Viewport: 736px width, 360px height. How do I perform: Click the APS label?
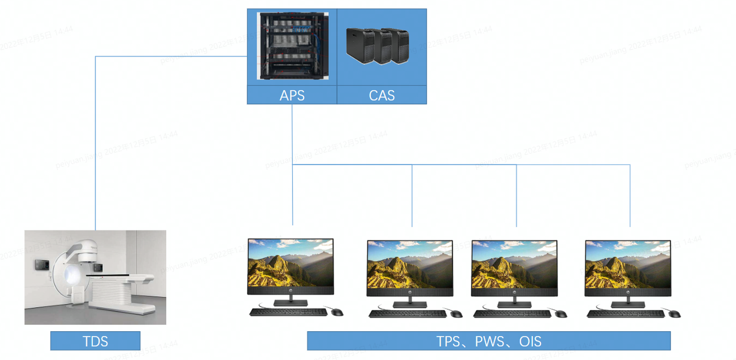[292, 95]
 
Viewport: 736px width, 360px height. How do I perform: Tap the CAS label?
[382, 95]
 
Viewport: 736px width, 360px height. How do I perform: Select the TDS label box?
[95, 341]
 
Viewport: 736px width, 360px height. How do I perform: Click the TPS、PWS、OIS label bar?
[489, 341]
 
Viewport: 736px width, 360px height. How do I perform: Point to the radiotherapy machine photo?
[95, 277]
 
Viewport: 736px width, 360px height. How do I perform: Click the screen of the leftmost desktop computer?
[290, 265]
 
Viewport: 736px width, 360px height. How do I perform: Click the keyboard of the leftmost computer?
[288, 312]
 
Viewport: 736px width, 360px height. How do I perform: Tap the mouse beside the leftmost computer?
[337, 312]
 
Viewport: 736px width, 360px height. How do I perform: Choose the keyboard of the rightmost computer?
[626, 313]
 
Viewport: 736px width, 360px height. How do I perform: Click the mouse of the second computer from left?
[456, 314]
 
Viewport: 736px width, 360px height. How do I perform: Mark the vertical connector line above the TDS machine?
[95, 144]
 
